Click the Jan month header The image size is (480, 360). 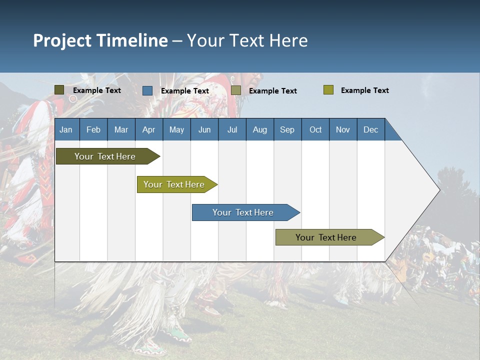tap(66, 129)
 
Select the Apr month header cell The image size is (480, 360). tap(149, 129)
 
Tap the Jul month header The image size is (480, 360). tap(232, 129)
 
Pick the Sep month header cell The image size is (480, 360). tap(287, 129)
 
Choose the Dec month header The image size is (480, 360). tap(370, 129)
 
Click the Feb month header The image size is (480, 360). tap(93, 129)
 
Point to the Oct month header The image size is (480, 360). tap(315, 129)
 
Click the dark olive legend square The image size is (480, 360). tap(59, 90)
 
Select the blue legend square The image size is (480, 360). tap(147, 90)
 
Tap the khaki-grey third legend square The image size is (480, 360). tap(236, 90)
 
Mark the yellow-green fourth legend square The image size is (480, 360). tap(328, 90)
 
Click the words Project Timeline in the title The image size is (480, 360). tap(100, 40)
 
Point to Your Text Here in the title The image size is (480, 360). tap(247, 40)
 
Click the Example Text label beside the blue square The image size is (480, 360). tap(184, 91)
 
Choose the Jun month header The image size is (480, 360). tap(204, 129)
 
